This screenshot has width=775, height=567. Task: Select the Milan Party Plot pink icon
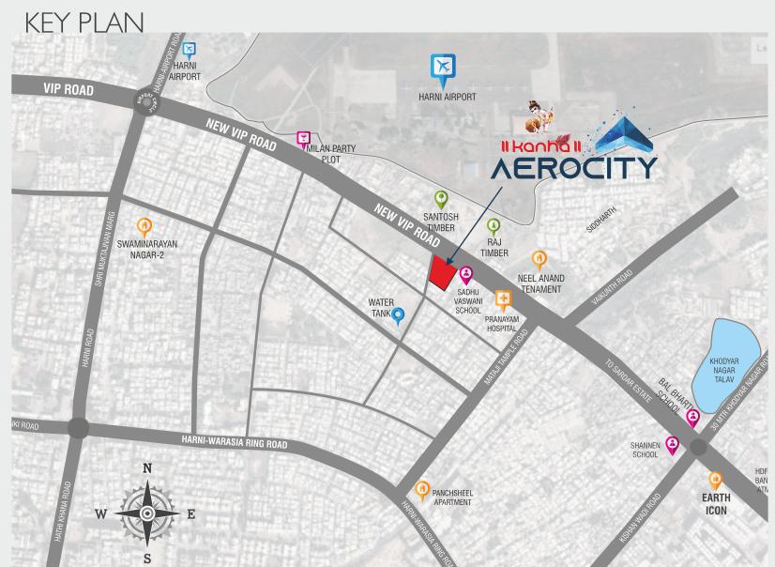303,140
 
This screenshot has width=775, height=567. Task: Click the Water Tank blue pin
398,315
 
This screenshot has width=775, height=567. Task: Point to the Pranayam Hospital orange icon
504,301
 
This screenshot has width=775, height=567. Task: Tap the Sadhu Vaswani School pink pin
465,274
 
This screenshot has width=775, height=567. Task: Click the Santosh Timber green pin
441,199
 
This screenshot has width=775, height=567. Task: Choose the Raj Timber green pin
494,226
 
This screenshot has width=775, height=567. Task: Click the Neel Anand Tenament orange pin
539,259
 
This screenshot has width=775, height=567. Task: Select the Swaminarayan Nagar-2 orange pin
144,226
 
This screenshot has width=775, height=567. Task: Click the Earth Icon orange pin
716,480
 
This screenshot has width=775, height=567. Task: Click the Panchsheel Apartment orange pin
422,489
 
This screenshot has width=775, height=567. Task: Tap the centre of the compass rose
147,513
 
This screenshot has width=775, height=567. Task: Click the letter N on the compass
147,468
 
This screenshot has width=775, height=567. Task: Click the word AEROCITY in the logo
572,169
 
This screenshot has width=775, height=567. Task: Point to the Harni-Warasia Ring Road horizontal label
234,440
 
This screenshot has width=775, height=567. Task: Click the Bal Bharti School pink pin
693,418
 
